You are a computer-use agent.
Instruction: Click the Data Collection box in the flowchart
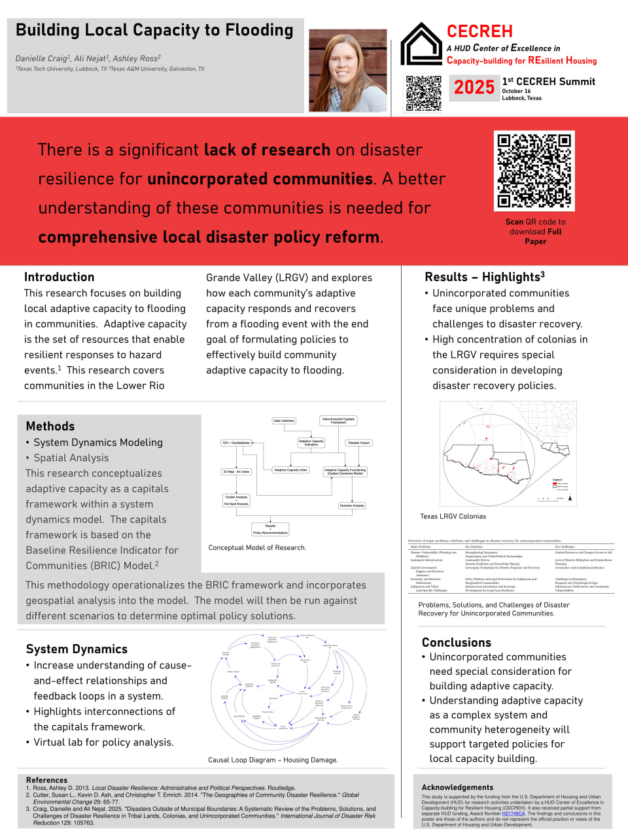(x=284, y=420)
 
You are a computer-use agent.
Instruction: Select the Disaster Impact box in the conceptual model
(x=358, y=443)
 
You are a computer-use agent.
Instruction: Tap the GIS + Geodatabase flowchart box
(x=236, y=443)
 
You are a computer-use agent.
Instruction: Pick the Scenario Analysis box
(x=352, y=505)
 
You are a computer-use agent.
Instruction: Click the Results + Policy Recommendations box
(x=270, y=529)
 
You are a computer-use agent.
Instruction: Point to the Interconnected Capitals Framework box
(x=338, y=420)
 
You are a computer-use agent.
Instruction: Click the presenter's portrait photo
(x=347, y=71)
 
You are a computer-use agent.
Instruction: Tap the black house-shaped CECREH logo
(x=421, y=44)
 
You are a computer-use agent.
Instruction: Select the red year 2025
(x=474, y=87)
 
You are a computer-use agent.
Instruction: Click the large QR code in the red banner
(x=534, y=171)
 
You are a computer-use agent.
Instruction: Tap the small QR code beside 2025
(x=423, y=93)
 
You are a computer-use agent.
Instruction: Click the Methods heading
(x=50, y=426)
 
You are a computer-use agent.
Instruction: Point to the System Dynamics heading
(x=77, y=649)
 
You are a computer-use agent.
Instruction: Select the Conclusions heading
(x=456, y=642)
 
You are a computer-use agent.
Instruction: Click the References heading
(x=46, y=780)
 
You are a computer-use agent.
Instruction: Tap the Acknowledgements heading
(x=457, y=787)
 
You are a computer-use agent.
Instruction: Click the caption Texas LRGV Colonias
(x=453, y=517)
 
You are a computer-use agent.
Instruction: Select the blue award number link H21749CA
(x=514, y=813)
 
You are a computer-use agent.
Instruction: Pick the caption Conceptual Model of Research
(x=257, y=547)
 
